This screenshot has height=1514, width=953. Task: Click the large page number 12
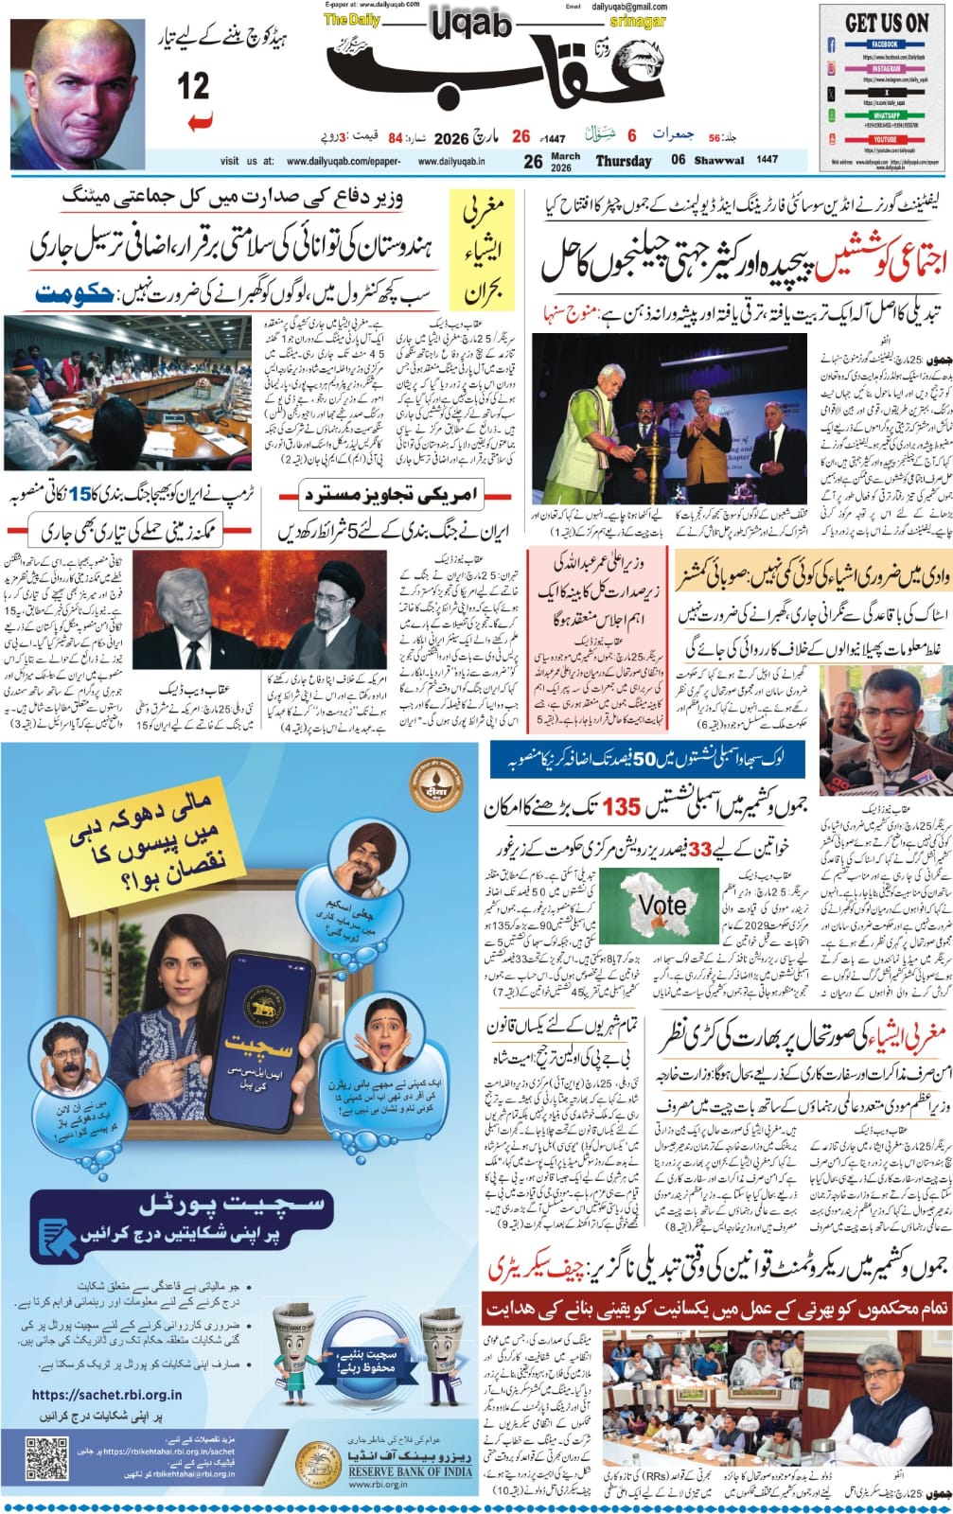point(193,87)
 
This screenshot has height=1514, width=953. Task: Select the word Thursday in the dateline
point(623,161)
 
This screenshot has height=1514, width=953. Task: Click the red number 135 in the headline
point(622,807)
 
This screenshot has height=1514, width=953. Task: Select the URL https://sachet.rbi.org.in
point(106,1395)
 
